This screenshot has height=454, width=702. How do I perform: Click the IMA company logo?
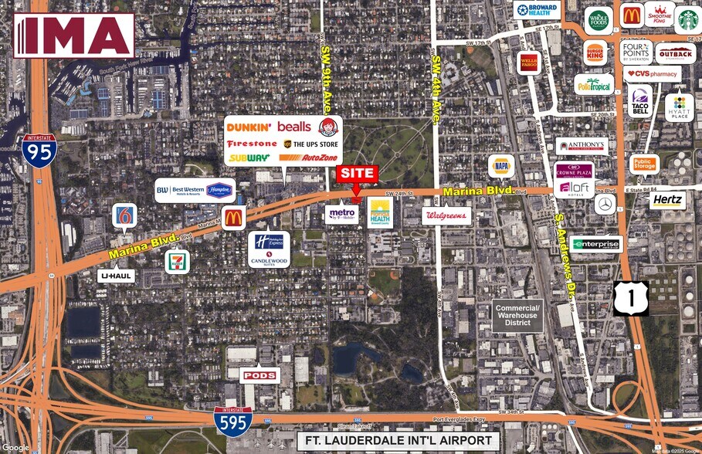point(74,35)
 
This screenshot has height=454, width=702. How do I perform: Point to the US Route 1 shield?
point(631,297)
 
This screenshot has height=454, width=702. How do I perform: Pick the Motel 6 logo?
point(124,215)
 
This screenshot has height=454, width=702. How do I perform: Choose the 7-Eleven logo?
point(177,260)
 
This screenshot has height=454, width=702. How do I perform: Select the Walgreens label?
point(446,215)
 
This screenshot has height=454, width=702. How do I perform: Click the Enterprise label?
point(596,244)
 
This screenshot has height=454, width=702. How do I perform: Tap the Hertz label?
point(667,200)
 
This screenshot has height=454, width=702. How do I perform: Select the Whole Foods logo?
point(599,20)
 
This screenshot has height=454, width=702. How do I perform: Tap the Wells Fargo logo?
point(529,62)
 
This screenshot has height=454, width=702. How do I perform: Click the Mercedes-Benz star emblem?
point(605,205)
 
